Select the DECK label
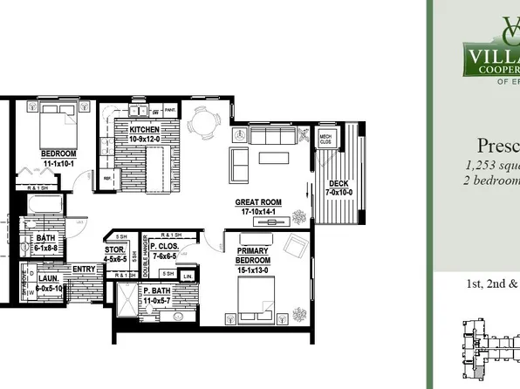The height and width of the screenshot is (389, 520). click(336, 182)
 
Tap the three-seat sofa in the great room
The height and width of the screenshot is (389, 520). click(271, 136)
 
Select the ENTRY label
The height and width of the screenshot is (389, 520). click(85, 270)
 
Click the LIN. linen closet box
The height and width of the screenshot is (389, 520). click(188, 276)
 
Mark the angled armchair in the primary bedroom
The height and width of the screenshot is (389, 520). click(298, 245)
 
